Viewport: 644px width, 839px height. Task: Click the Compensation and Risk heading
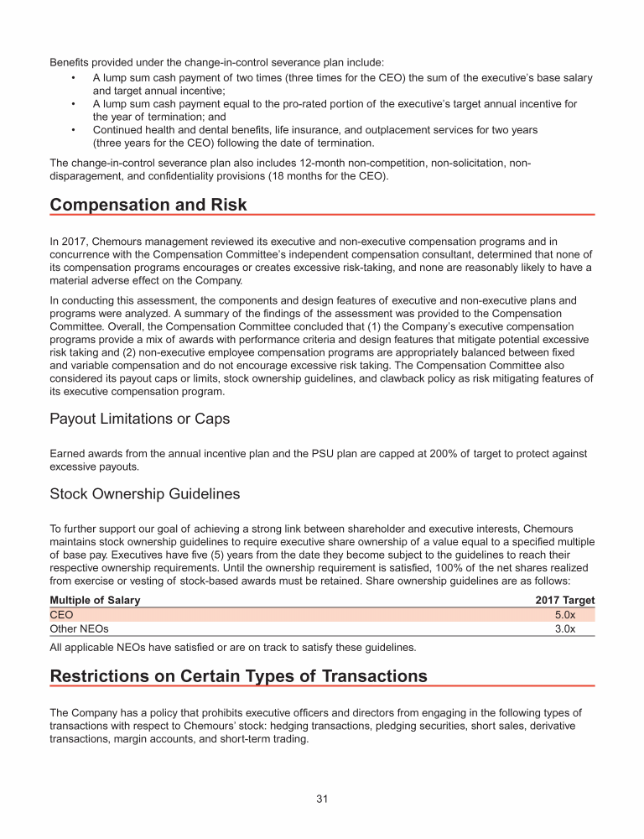(148, 205)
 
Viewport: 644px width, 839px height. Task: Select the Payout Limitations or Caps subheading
(139, 418)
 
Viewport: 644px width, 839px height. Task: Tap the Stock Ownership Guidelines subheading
(145, 494)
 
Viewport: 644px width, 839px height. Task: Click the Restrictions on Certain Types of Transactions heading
(238, 676)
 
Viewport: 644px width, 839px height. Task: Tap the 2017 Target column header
(564, 600)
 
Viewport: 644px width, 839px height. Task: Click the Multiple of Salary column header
(95, 600)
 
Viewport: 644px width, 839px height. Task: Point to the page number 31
(322, 799)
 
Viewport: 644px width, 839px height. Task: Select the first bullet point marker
(74, 78)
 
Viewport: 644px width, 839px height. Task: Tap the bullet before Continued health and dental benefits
(74, 130)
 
